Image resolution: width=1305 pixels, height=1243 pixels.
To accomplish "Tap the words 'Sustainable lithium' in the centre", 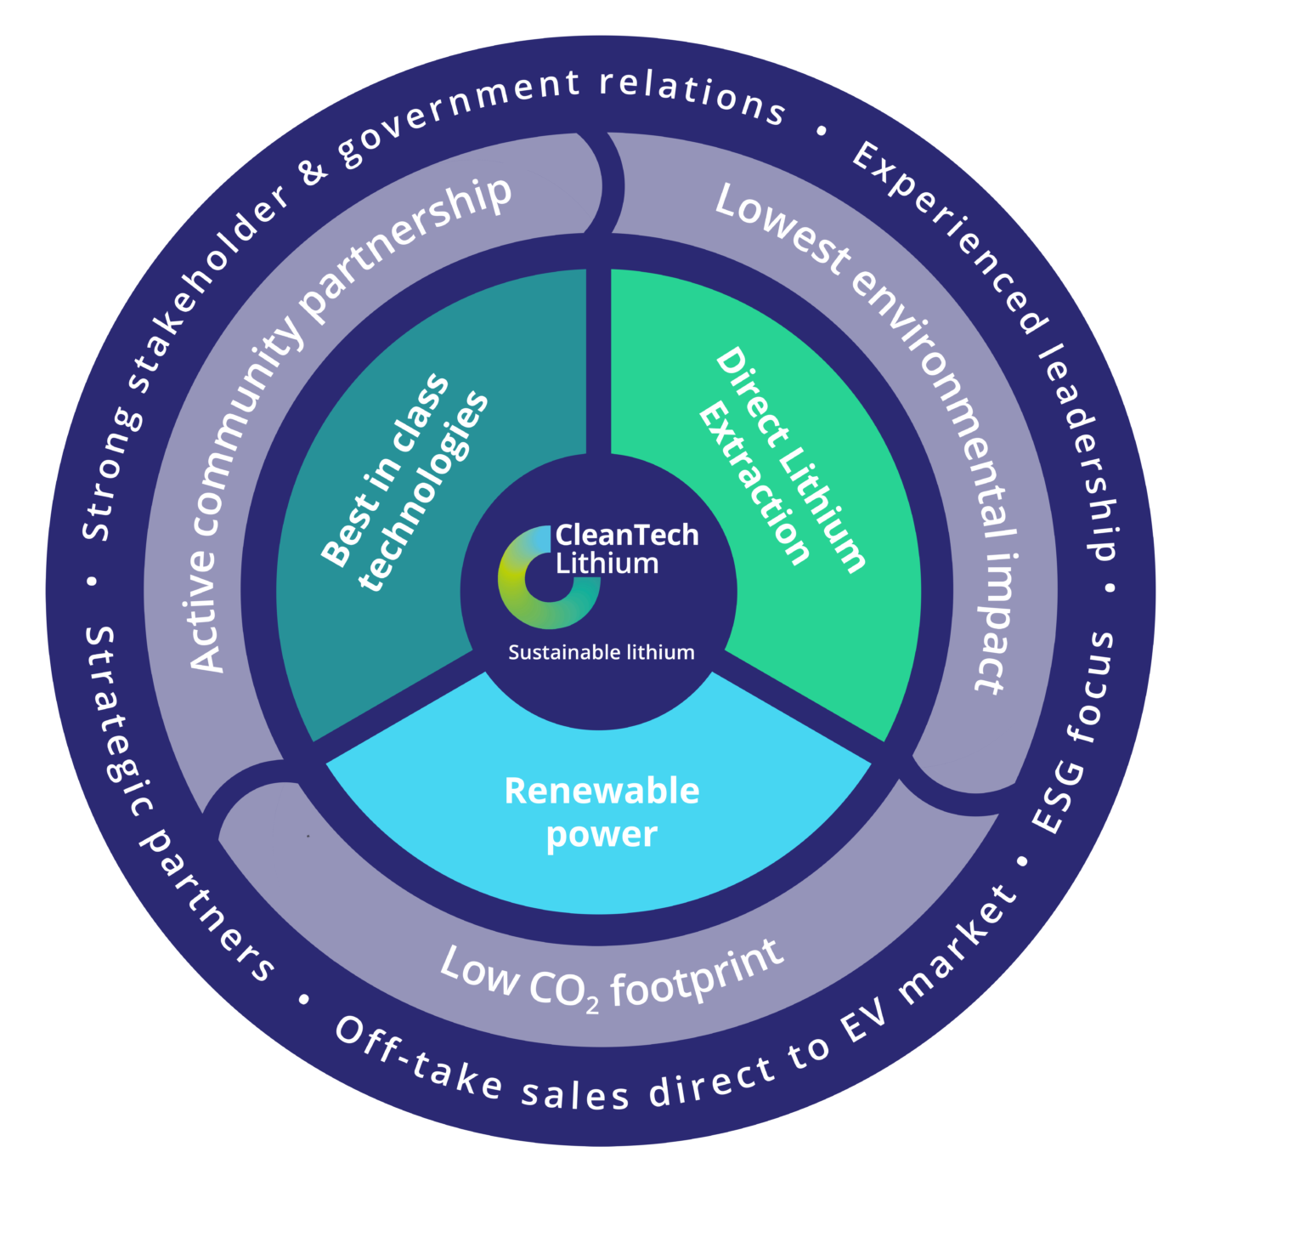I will click(602, 653).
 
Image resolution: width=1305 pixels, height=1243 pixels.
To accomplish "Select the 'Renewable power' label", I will click(602, 812).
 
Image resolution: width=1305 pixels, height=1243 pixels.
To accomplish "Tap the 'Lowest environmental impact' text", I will click(909, 391).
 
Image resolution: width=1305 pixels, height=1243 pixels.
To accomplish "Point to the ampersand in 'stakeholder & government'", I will click(314, 170).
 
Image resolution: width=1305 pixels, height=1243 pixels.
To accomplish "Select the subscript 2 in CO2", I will click(592, 1005).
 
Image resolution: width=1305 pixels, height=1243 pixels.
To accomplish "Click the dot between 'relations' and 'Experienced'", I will click(821, 131).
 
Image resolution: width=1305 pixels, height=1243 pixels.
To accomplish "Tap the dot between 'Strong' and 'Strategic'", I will click(92, 582).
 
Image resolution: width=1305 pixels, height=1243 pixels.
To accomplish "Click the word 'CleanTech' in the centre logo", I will click(627, 536).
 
